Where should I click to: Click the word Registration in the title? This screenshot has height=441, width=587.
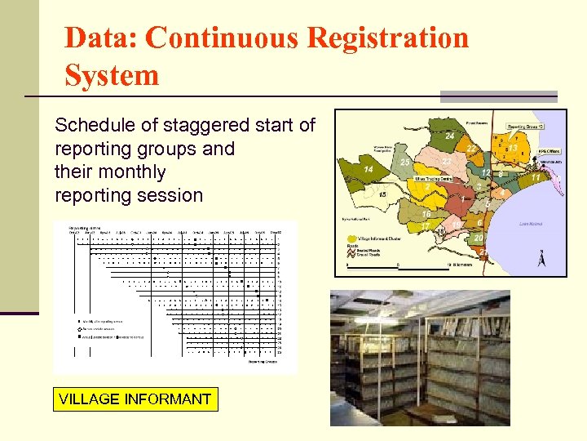coord(358,38)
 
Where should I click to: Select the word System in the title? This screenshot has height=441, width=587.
coord(112,75)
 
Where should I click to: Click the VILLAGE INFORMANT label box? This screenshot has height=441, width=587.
coord(135,399)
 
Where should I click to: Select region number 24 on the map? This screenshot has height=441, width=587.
coord(450,136)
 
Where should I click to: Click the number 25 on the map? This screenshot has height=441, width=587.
coord(406,163)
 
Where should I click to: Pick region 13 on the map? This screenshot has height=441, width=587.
coord(514,148)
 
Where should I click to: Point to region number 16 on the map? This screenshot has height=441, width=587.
coord(426,213)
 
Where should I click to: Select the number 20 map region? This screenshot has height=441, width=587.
coord(479,238)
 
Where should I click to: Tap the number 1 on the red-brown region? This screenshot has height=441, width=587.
coord(462,199)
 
